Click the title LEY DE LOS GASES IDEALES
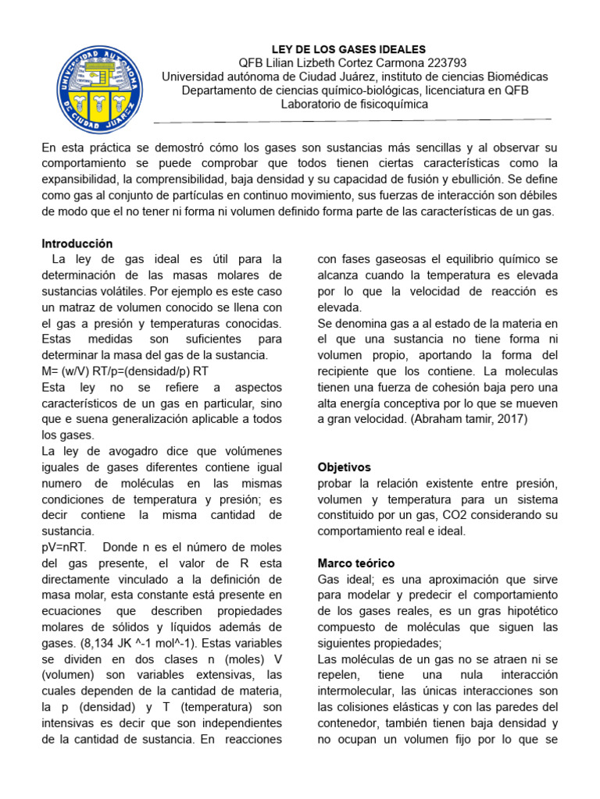pos(348,49)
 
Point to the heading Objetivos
pos(345,467)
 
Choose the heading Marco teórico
pos(356,563)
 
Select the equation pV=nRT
pos(66,547)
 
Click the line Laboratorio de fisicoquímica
pos(355,105)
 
